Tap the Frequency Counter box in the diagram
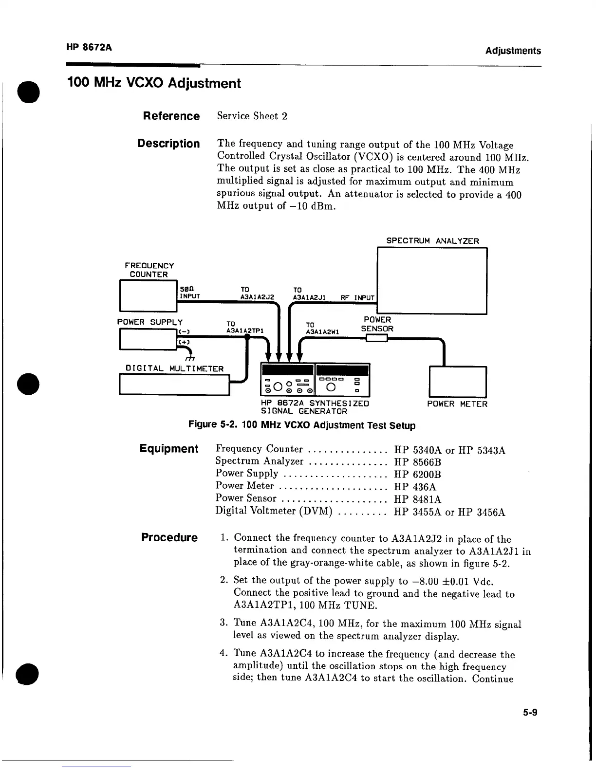[148, 295]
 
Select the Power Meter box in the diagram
[457, 382]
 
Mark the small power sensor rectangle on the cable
[377, 339]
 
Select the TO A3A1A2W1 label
[322, 328]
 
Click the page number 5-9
[530, 713]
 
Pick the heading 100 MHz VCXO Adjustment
[154, 83]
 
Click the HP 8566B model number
[417, 462]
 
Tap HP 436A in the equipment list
[415, 487]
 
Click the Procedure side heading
[169, 537]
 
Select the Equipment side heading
[169, 449]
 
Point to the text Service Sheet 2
[252, 116]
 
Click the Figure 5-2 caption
[302, 425]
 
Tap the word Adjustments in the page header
[513, 51]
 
